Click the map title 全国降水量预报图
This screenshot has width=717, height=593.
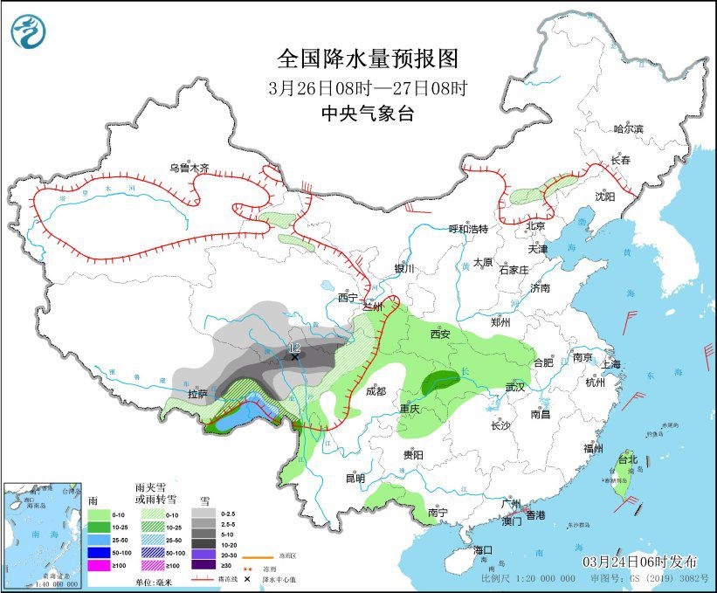tap(367, 59)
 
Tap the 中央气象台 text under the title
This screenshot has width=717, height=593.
tap(367, 113)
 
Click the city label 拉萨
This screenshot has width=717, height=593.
tap(197, 394)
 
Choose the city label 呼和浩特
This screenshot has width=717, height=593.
tap(468, 229)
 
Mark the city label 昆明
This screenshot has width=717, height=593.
tap(355, 478)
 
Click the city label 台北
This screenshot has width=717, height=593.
tap(627, 459)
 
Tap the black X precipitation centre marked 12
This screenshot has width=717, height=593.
tap(295, 356)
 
